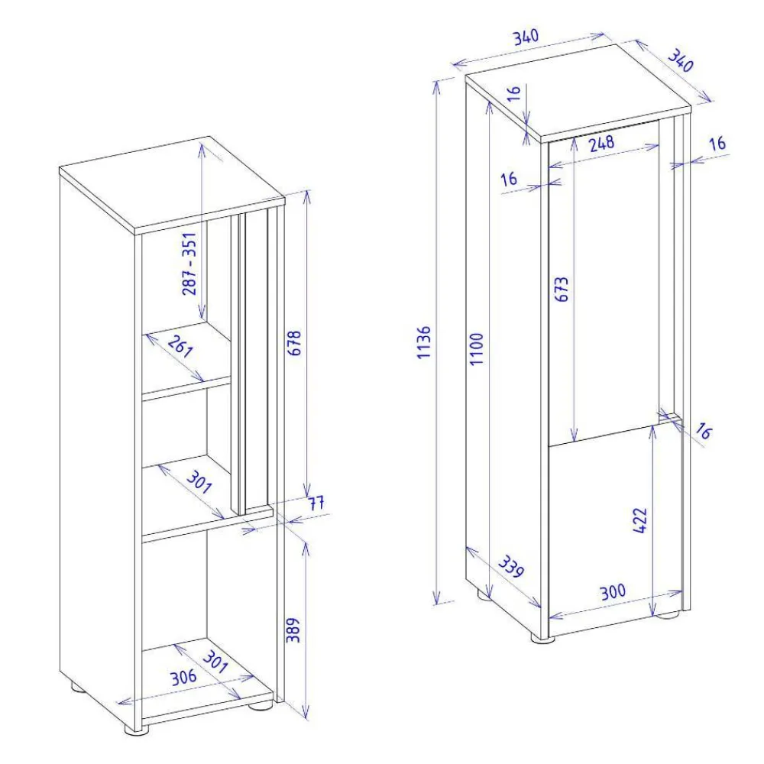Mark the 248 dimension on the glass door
(x=601, y=143)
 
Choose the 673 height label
(x=562, y=292)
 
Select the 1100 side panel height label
(x=477, y=349)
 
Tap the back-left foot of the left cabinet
(x=78, y=687)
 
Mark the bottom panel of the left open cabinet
(x=206, y=680)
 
